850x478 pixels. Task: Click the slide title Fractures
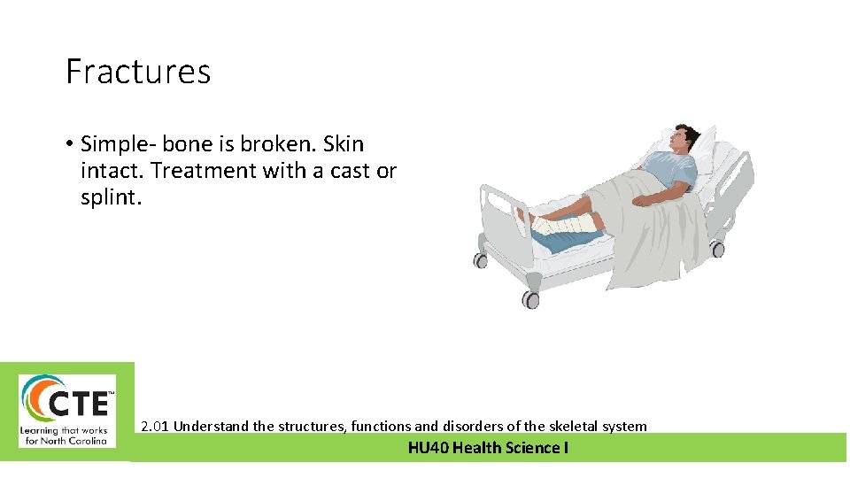(x=138, y=72)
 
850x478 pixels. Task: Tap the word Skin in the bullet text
(x=344, y=144)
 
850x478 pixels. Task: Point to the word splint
(x=110, y=197)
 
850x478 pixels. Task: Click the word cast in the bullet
(x=352, y=171)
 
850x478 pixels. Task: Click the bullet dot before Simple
(x=68, y=144)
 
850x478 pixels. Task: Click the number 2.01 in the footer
(x=155, y=427)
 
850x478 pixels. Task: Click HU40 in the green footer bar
(x=428, y=448)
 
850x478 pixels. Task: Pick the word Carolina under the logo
(x=85, y=440)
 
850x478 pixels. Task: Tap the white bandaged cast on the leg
(x=566, y=226)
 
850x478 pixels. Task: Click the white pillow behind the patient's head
(x=708, y=146)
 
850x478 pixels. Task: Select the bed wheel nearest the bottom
(x=530, y=299)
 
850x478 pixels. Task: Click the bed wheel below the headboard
(x=717, y=250)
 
